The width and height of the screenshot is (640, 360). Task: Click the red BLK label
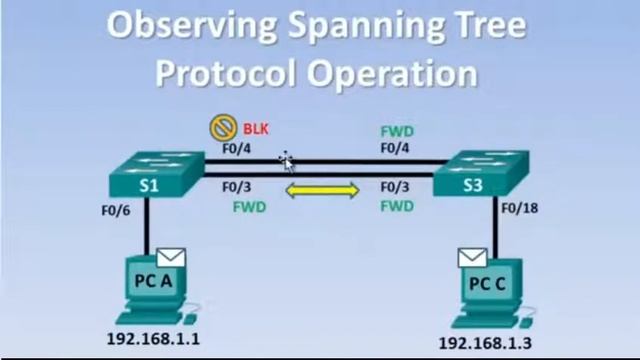[254, 128]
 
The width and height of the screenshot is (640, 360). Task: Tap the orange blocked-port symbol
[222, 128]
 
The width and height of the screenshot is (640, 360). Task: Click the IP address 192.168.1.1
[153, 339]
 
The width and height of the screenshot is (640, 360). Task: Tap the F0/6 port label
[116, 211]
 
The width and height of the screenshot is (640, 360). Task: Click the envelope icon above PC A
[171, 258]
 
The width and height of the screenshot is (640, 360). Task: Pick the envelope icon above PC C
[472, 258]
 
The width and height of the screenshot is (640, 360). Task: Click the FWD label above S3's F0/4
[398, 131]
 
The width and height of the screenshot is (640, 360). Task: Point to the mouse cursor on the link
[286, 161]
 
